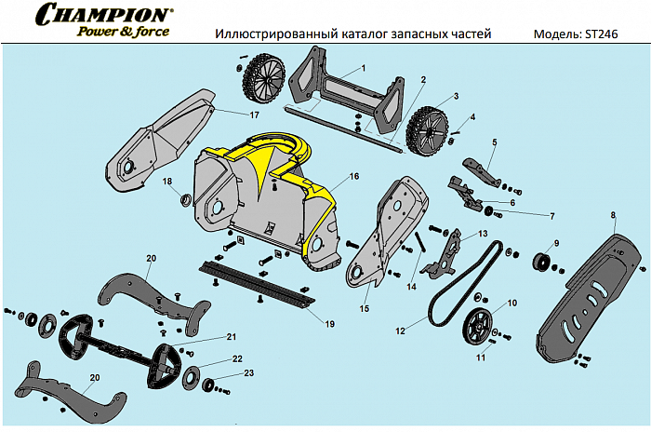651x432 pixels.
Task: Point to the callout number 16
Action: tap(353, 176)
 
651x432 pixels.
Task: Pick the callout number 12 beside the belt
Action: tap(401, 330)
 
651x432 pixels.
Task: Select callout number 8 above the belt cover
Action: tap(613, 215)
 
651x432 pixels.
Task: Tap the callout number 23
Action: tap(248, 373)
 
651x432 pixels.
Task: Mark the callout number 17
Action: tap(254, 115)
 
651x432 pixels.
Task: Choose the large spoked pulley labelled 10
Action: tap(480, 325)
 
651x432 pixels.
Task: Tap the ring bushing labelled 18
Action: tap(184, 198)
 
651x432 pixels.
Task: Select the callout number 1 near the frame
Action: tap(363, 69)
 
